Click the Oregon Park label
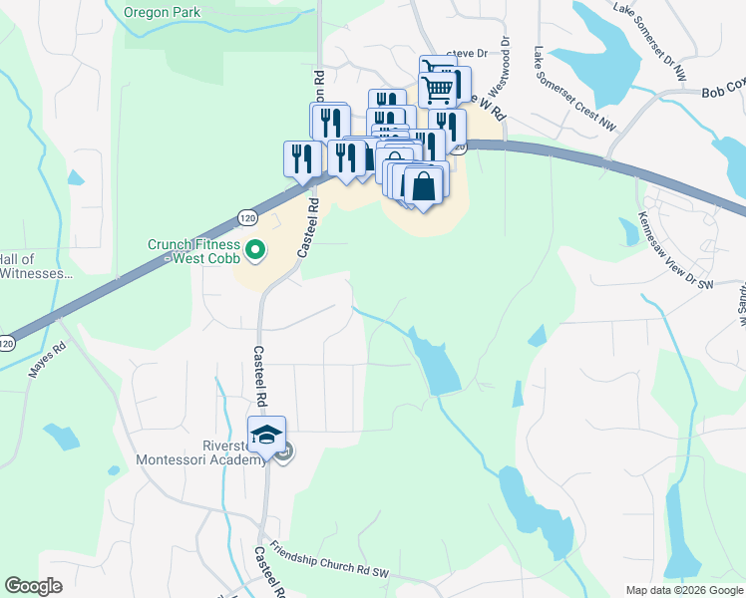[x=163, y=13]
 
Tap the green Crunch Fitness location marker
[x=254, y=250]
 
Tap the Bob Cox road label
[x=722, y=91]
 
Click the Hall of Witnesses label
[x=36, y=266]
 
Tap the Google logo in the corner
[x=33, y=586]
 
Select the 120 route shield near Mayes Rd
[x=8, y=343]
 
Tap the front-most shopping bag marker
[x=424, y=186]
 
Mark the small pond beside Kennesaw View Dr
[x=628, y=232]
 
